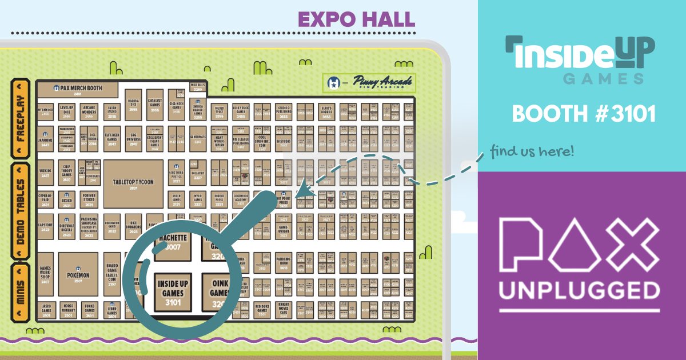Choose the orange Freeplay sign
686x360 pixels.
20,117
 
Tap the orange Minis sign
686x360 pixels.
20,292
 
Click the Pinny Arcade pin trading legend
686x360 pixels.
369,83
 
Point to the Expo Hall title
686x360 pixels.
356,19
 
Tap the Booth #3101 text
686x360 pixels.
583,113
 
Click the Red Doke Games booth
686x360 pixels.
262,309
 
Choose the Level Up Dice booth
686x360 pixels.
67,111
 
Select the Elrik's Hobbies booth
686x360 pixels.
327,111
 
